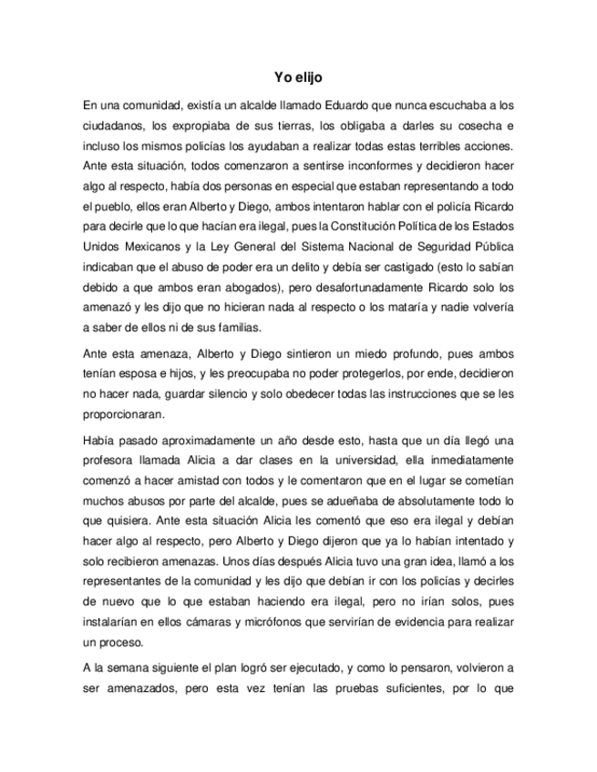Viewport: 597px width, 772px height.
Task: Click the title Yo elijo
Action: coord(298,79)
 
